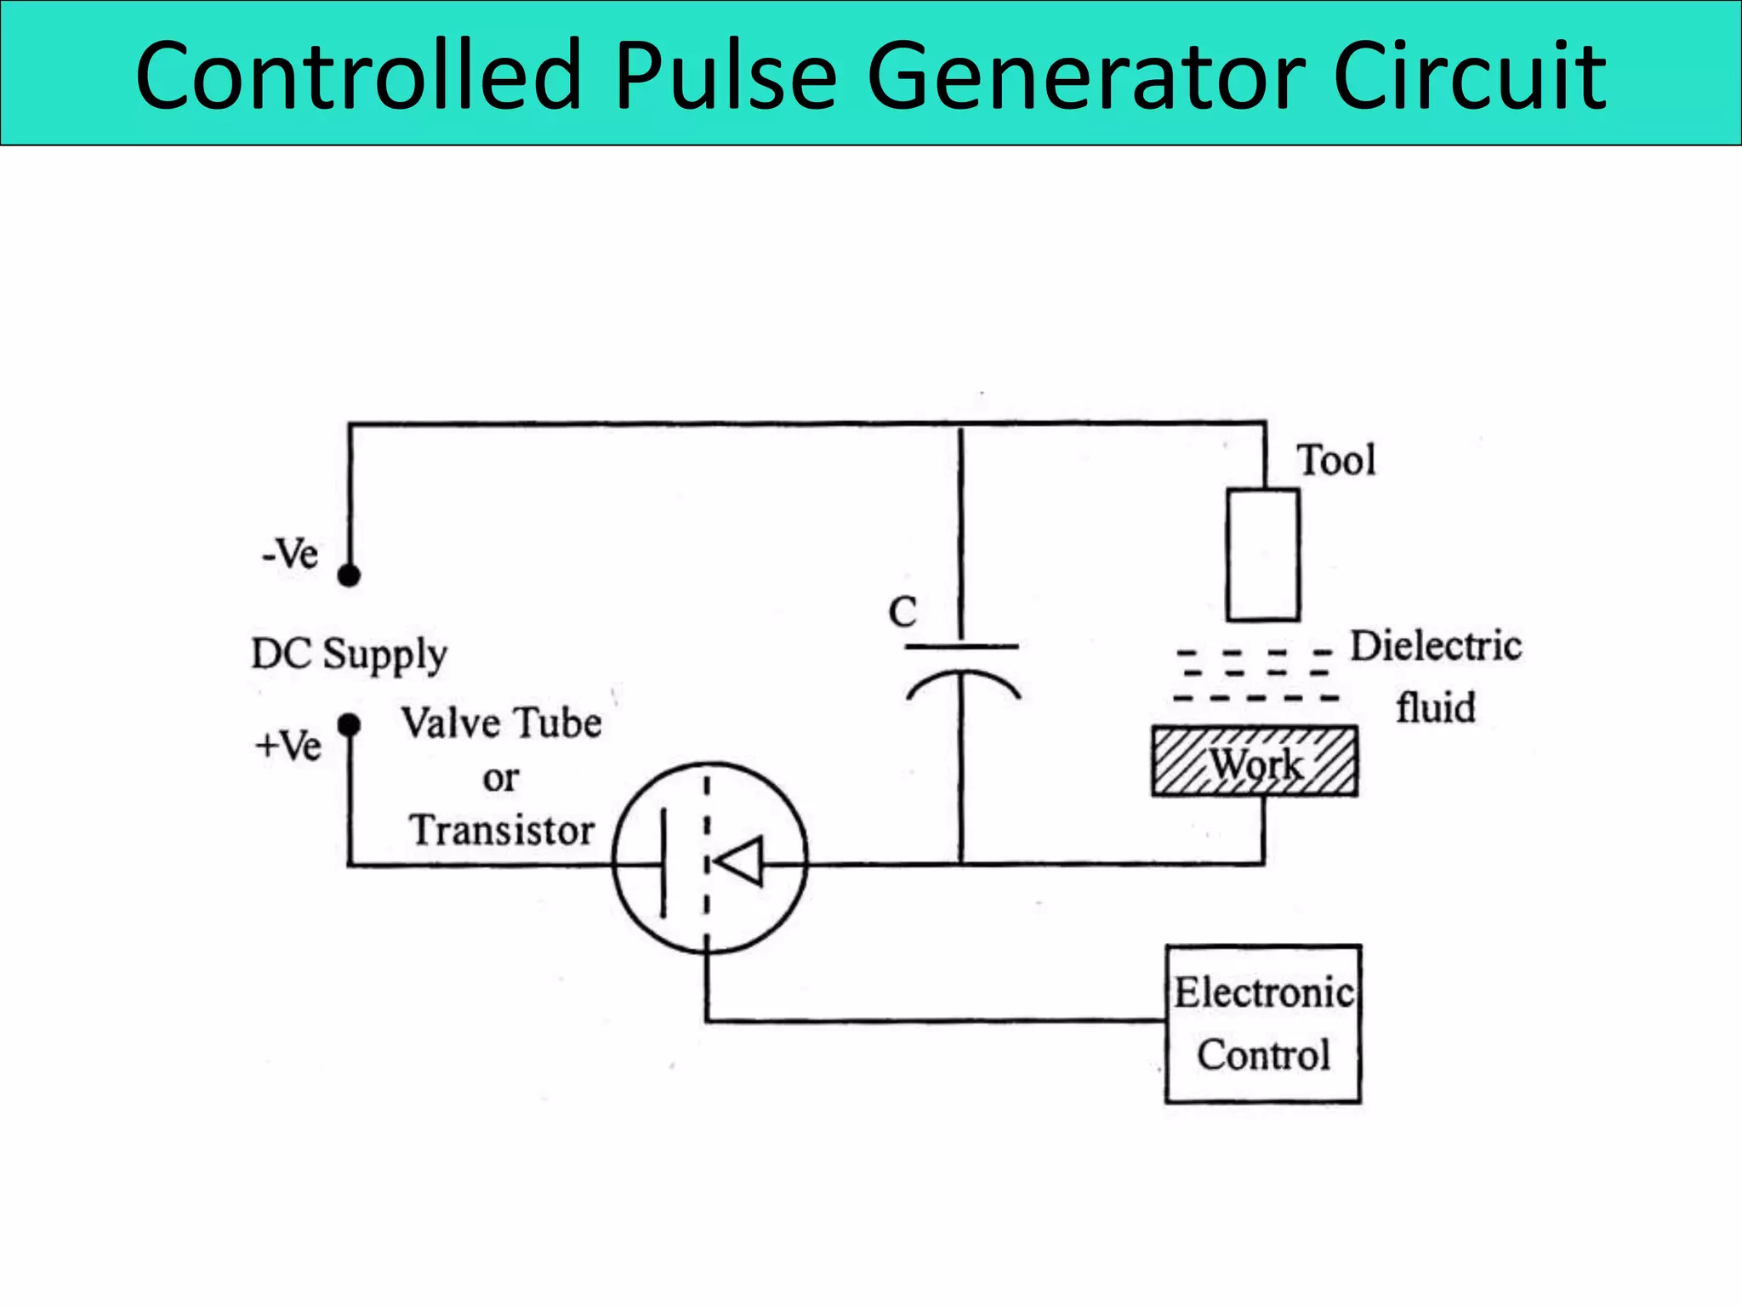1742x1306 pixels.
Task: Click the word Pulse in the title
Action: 725,77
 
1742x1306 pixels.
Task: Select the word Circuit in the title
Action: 1469,77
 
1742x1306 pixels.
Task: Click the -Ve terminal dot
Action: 349,576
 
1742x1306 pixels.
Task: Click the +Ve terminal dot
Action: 349,725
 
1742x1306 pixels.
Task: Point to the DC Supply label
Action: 349,655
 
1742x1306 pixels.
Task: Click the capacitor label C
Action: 902,612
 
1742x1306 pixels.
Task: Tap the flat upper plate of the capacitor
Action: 961,647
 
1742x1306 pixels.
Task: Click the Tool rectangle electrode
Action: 1262,554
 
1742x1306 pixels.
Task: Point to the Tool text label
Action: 1335,460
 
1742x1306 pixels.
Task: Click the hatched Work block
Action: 1255,762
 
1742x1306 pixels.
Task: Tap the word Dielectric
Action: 1436,646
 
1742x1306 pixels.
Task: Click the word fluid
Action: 1435,707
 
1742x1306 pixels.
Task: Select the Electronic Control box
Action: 1263,1024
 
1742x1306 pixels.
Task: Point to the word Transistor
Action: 502,830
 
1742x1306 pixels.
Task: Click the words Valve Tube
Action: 502,724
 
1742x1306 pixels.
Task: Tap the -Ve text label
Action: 290,554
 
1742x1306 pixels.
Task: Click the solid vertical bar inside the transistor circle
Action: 663,862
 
